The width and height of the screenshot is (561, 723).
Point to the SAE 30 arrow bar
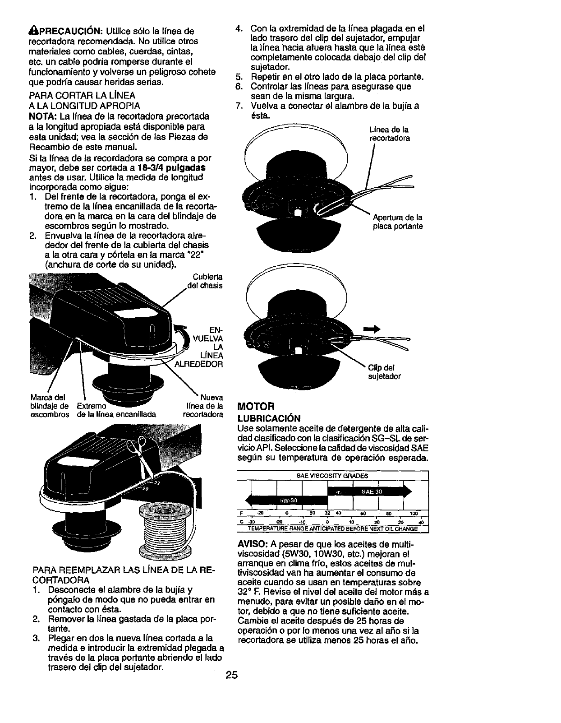[x=370, y=492]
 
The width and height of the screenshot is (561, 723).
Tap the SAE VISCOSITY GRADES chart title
[x=332, y=476]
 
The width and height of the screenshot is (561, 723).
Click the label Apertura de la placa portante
[x=397, y=222]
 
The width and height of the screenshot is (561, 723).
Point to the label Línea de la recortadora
[x=390, y=134]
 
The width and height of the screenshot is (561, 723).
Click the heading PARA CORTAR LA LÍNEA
[x=81, y=96]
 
